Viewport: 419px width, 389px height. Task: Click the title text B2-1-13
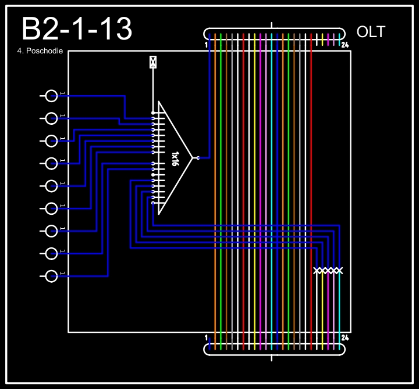coord(76,30)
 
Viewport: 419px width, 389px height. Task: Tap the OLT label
coord(371,32)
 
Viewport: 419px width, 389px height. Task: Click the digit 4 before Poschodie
coord(20,51)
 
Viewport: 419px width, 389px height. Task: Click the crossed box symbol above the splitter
coord(153,62)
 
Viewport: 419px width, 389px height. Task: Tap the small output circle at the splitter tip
coord(198,157)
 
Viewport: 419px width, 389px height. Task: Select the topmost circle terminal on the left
coord(52,96)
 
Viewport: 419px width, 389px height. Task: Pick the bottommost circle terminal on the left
coord(52,275)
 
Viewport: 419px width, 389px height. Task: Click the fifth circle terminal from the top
coord(52,186)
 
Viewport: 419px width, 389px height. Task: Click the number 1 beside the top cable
coord(207,45)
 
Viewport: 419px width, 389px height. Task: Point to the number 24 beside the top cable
coord(345,45)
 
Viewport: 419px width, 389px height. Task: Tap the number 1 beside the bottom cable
coord(207,337)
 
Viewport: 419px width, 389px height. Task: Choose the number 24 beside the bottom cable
coord(345,337)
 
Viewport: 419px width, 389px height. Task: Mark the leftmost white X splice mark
coord(317,271)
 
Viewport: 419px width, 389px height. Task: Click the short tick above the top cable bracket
coord(272,25)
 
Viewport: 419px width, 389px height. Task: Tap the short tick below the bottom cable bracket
coord(272,357)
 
